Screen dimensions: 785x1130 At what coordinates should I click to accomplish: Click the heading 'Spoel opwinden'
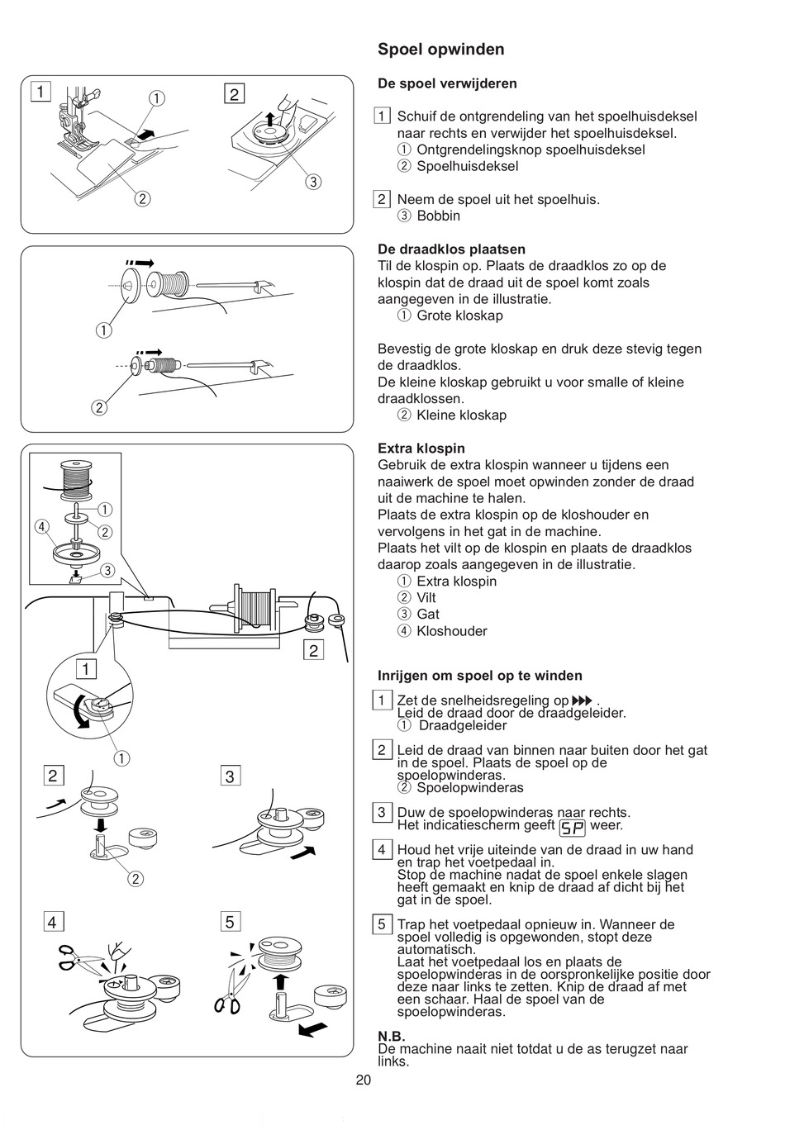click(x=440, y=50)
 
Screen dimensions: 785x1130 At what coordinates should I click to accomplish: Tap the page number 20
click(x=364, y=1080)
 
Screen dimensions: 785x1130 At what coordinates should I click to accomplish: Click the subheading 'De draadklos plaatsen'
click(x=451, y=249)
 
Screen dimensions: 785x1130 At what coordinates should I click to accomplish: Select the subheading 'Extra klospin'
click(x=421, y=449)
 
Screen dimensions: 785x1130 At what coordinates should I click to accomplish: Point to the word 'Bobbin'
click(x=438, y=216)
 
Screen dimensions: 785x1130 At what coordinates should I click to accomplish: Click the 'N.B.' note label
click(x=392, y=1037)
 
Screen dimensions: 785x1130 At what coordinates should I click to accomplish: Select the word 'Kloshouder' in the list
click(x=452, y=631)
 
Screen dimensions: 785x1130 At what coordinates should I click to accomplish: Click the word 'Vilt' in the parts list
click(x=426, y=598)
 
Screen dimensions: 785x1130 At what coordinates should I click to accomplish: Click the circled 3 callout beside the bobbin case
click(x=312, y=182)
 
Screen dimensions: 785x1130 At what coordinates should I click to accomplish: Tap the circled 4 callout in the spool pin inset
click(x=40, y=526)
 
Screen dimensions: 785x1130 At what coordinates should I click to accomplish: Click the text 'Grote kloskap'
click(x=459, y=316)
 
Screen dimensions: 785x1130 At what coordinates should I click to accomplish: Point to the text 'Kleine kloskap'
click(x=461, y=415)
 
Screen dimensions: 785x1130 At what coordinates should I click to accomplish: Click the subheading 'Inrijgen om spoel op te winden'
click(x=480, y=676)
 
